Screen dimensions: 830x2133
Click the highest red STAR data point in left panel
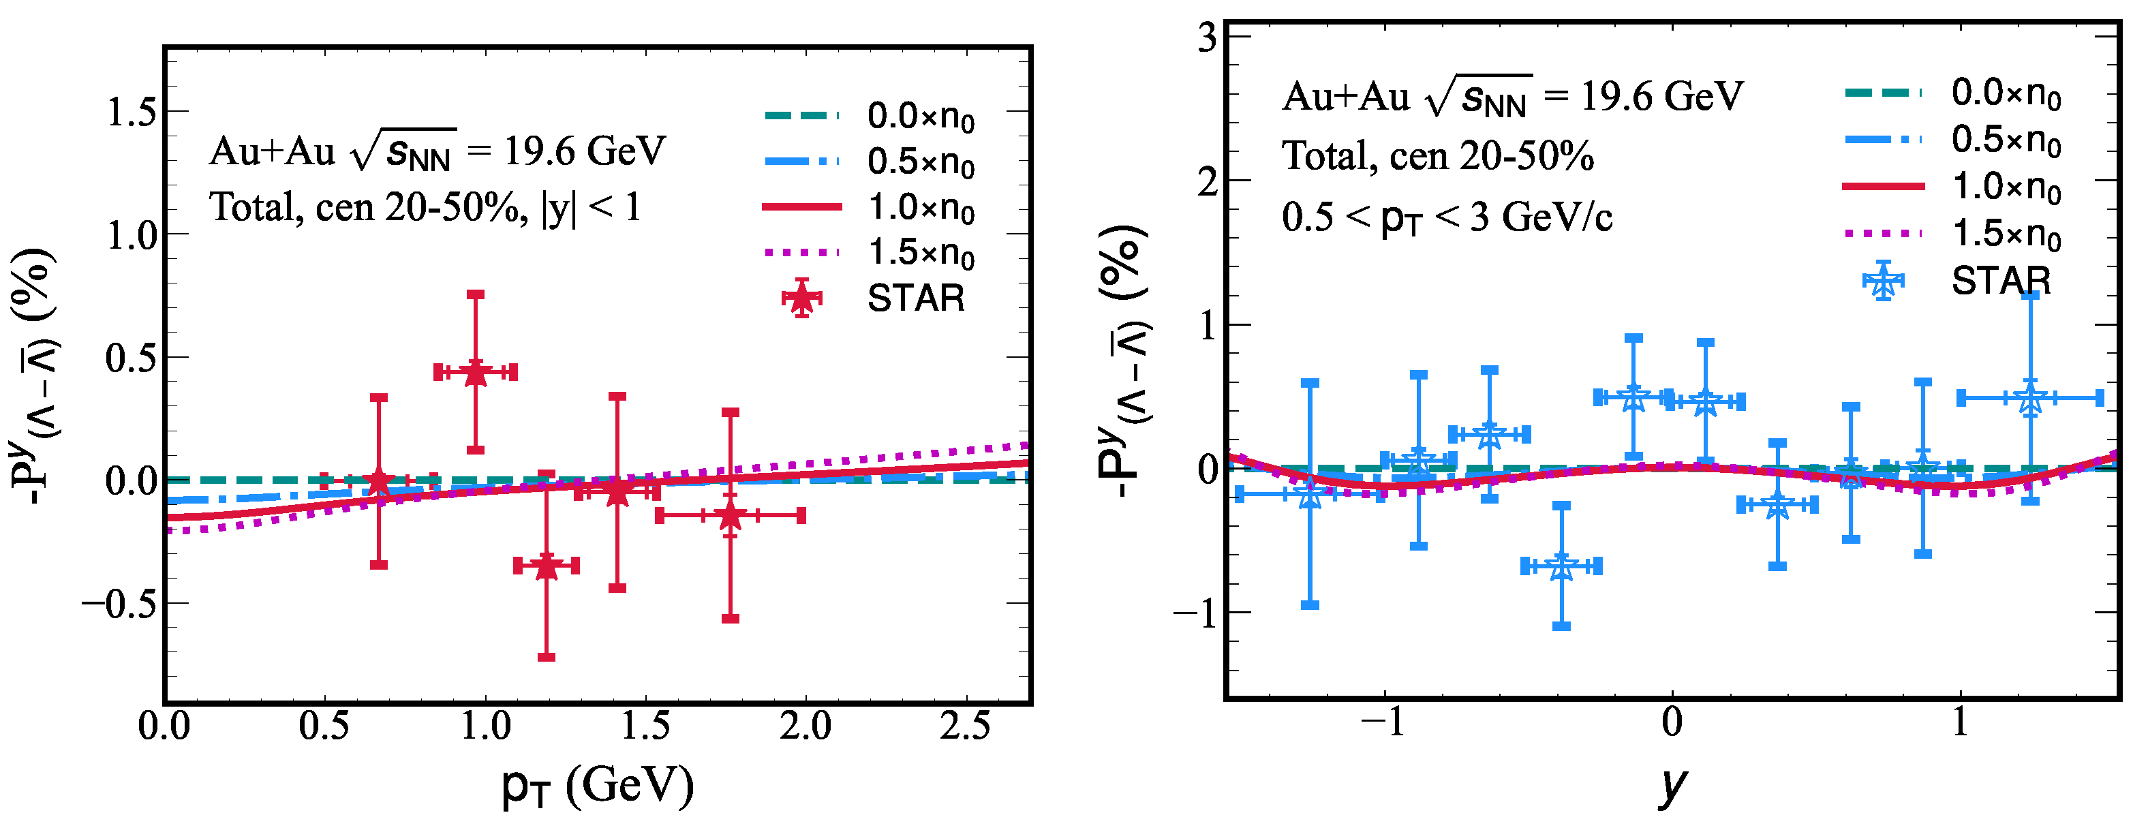coord(475,372)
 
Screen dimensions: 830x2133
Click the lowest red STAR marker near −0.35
coord(546,566)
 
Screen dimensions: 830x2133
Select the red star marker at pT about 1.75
coord(729,515)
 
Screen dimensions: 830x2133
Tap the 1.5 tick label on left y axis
coord(132,112)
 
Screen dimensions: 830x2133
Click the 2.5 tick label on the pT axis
coord(966,726)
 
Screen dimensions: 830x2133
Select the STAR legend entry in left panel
coord(915,298)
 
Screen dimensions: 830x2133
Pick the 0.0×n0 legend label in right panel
coord(2006,93)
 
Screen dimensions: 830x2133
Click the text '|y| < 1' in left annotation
coord(592,207)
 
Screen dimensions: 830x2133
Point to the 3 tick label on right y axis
coord(1206,37)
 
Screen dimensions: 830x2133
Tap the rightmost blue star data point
coord(2029,399)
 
